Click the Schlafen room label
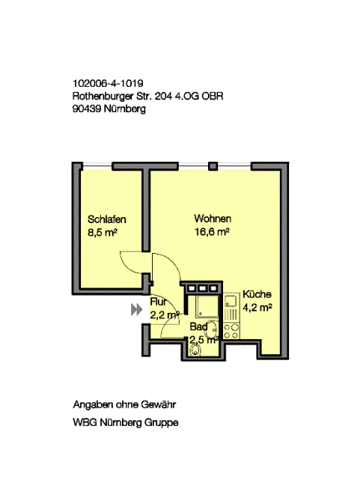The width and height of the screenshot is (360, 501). (x=107, y=220)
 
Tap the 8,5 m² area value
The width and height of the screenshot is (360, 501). (x=102, y=233)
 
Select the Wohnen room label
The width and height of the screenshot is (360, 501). (x=213, y=219)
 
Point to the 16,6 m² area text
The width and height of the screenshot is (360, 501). (x=212, y=232)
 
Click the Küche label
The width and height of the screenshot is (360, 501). (x=257, y=294)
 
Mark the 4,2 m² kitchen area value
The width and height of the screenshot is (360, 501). (x=257, y=307)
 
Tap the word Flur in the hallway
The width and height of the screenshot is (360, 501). (x=158, y=301)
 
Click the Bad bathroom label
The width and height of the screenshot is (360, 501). (x=199, y=326)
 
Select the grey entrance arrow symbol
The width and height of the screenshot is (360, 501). (x=136, y=310)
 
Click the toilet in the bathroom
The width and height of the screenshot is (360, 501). (x=195, y=350)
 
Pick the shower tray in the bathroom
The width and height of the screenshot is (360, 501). (x=207, y=306)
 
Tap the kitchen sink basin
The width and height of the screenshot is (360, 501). (x=231, y=301)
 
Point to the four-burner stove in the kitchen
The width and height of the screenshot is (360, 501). (x=231, y=331)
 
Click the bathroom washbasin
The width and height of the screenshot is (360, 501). (x=213, y=330)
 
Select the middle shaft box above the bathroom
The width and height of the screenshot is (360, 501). (x=202, y=289)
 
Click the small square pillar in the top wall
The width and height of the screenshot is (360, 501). (x=213, y=166)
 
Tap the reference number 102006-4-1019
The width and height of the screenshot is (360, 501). (x=108, y=83)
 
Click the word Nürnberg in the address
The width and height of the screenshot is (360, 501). (x=124, y=109)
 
